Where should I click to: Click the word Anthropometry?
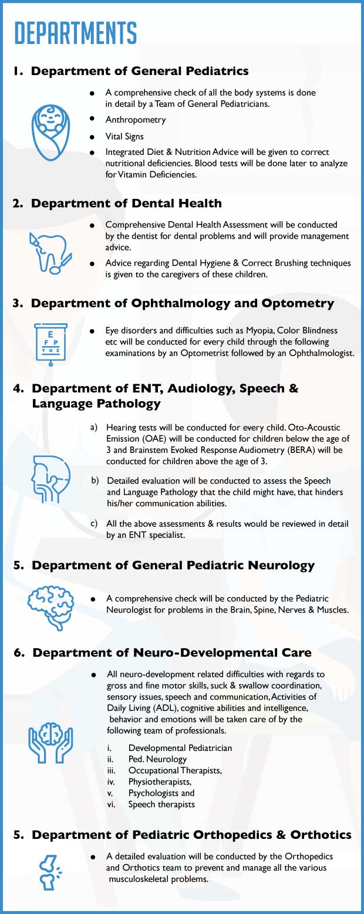point(136,120)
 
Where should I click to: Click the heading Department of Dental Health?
point(126,204)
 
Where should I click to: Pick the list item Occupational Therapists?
point(175,770)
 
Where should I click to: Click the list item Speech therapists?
point(161,804)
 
